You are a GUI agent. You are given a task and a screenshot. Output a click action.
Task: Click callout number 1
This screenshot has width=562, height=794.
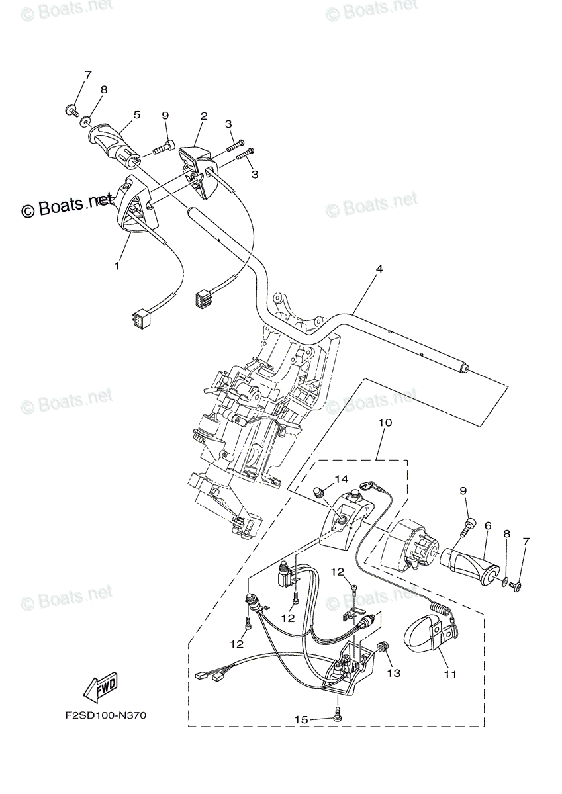point(117,265)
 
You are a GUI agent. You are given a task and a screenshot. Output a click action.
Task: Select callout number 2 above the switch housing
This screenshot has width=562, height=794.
point(204,116)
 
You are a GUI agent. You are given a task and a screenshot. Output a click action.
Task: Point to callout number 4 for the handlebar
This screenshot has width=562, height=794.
point(379,269)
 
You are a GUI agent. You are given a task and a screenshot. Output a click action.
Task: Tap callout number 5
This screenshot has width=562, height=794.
point(136,114)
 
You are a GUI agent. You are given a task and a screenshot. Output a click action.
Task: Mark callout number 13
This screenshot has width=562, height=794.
point(394,673)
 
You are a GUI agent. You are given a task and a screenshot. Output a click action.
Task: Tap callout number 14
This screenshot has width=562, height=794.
point(340,479)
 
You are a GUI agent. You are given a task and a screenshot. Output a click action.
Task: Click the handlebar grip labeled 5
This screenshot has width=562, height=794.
point(115,143)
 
